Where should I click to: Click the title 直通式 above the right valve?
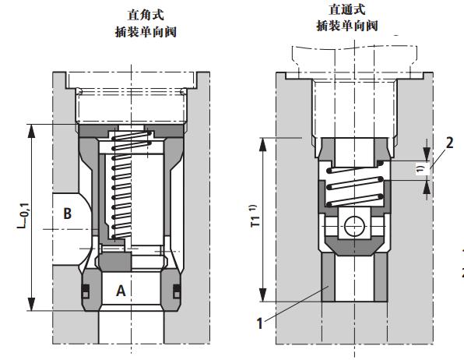click(x=347, y=10)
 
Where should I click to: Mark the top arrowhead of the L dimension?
click(x=32, y=129)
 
